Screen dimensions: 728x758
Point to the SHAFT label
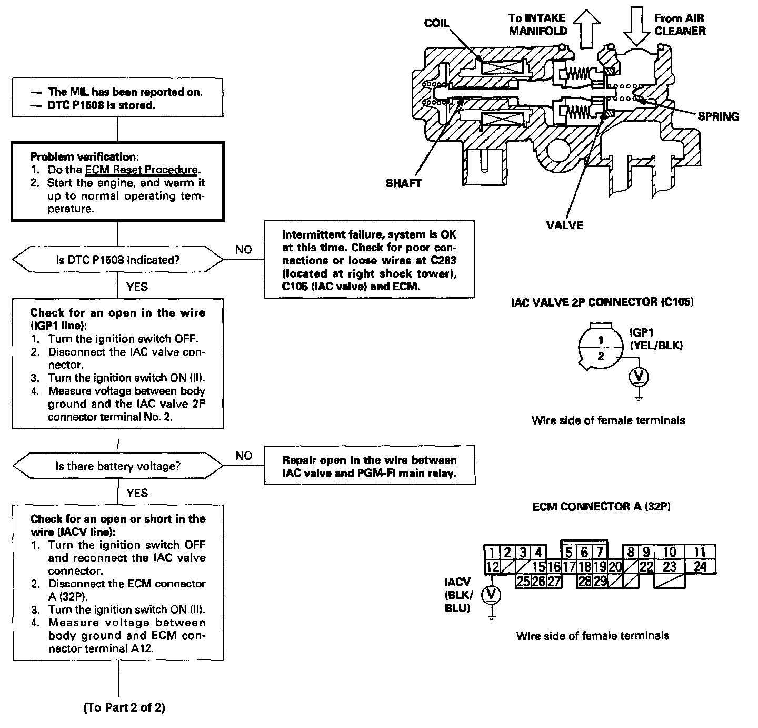coord(403,183)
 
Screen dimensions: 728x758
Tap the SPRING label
coord(718,116)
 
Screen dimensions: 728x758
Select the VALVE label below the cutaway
coord(564,225)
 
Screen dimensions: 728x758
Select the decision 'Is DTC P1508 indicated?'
coord(118,260)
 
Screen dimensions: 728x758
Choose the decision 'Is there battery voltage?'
coord(118,466)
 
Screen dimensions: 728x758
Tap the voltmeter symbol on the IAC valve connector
coord(639,377)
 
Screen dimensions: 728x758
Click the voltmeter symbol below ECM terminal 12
coord(492,594)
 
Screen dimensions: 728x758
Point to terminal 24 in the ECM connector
coord(700,567)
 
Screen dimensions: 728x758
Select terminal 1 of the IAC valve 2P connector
coord(601,340)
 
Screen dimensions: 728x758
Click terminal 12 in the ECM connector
coord(492,567)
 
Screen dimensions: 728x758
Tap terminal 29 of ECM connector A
coord(600,581)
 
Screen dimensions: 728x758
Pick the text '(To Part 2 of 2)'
coord(124,707)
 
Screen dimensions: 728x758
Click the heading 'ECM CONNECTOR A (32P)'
coord(601,507)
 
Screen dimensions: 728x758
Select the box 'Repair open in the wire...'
coord(370,466)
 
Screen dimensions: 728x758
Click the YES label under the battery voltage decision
coord(137,493)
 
